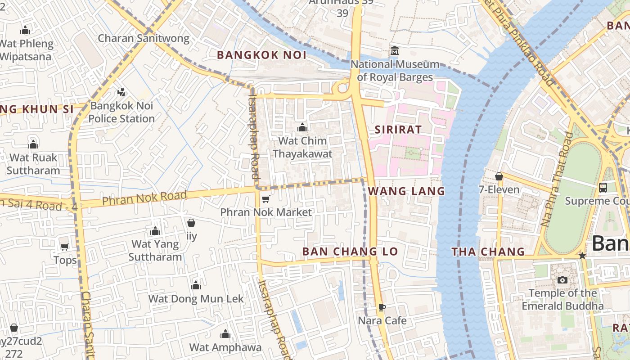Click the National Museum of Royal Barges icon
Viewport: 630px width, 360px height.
395,50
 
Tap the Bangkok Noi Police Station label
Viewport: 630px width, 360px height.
121,112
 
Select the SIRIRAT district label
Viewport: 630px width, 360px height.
398,130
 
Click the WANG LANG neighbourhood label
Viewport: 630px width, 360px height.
406,191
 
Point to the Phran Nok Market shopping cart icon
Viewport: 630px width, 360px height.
265,199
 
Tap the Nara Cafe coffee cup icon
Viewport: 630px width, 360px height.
382,308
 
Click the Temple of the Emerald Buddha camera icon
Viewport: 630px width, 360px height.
562,280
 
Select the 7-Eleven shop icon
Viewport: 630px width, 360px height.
499,176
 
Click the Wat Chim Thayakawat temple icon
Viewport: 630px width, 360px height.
302,128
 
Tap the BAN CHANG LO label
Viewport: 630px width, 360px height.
350,252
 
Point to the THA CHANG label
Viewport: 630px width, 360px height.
488,252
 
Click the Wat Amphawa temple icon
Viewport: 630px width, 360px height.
225,334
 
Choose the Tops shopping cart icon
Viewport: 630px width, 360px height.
64,247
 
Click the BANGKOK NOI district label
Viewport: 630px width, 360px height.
261,55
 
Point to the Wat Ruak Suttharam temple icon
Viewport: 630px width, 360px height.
33,144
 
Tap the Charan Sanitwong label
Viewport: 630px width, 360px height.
144,38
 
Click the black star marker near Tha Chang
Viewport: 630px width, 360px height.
582,256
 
